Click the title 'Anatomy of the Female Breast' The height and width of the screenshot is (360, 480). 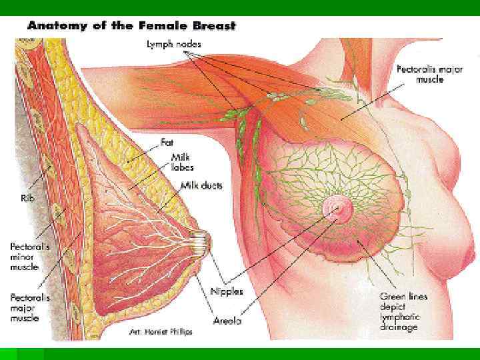[131, 26]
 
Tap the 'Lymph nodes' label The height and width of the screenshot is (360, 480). [175, 45]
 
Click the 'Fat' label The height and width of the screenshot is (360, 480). [167, 142]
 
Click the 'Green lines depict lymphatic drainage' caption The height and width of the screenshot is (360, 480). [404, 311]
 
